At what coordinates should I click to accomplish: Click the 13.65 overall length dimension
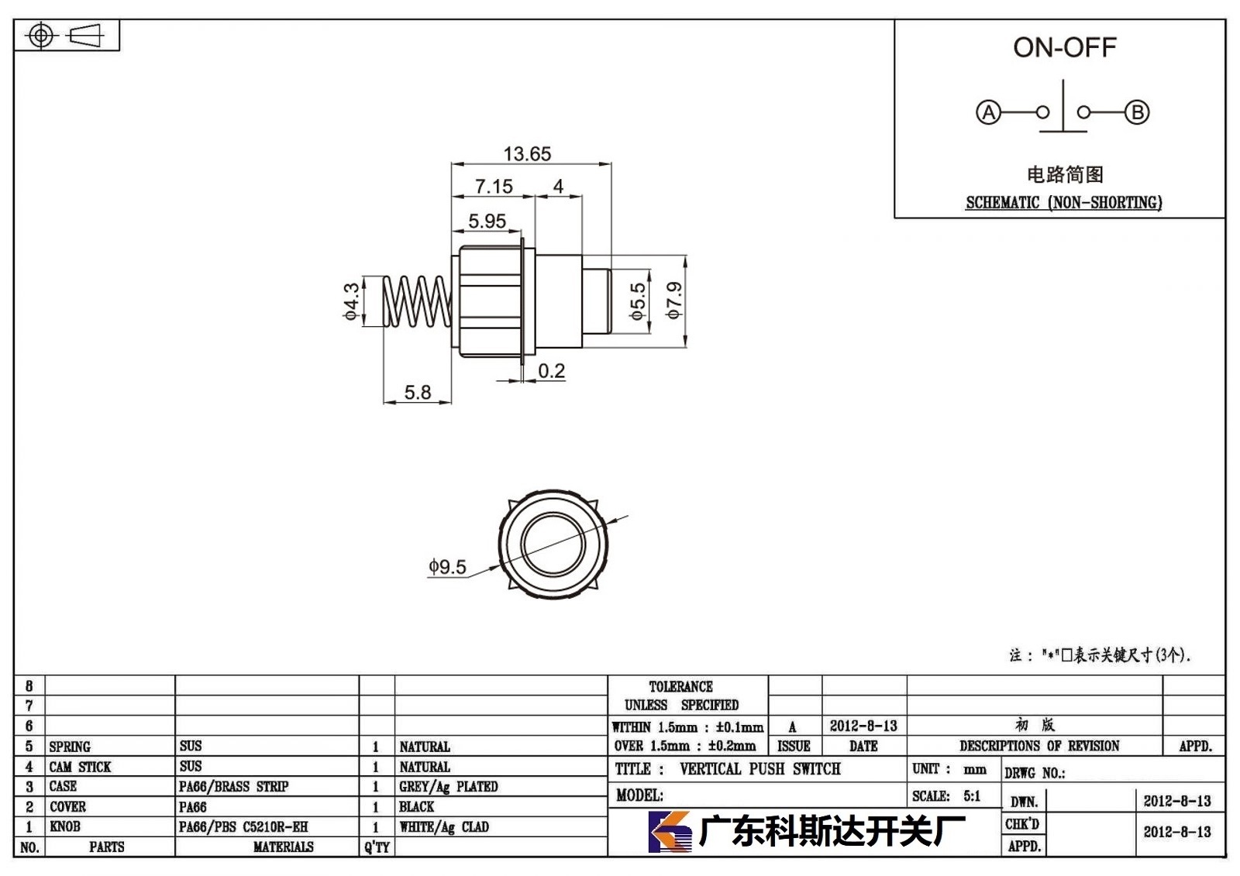coord(527,154)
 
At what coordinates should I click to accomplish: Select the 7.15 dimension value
coord(494,187)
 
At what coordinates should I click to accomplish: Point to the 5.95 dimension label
coord(487,222)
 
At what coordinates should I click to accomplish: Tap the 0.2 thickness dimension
coord(551,371)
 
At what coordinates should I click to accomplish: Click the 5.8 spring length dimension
coord(418,393)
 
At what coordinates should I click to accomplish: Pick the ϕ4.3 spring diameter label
coord(352,301)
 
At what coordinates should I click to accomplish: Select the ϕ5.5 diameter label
coord(638,301)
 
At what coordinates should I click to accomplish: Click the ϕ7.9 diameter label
coord(674,301)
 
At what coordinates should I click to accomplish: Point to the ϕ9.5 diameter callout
coord(447,567)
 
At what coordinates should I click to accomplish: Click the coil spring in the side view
coord(418,301)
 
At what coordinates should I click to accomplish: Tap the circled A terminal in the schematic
coord(989,113)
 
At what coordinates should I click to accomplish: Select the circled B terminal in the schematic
coord(1138,112)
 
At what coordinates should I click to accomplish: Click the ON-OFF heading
coord(1065,47)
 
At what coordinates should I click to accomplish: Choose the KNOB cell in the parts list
coord(65,826)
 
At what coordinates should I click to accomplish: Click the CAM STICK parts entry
coord(80,767)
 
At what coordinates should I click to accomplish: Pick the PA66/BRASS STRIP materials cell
coord(233,786)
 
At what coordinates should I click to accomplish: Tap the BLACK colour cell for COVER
coord(416,807)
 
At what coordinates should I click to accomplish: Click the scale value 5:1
coord(972,796)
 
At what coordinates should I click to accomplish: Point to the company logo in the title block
coord(670,832)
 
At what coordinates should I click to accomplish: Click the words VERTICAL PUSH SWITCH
coord(760,769)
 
